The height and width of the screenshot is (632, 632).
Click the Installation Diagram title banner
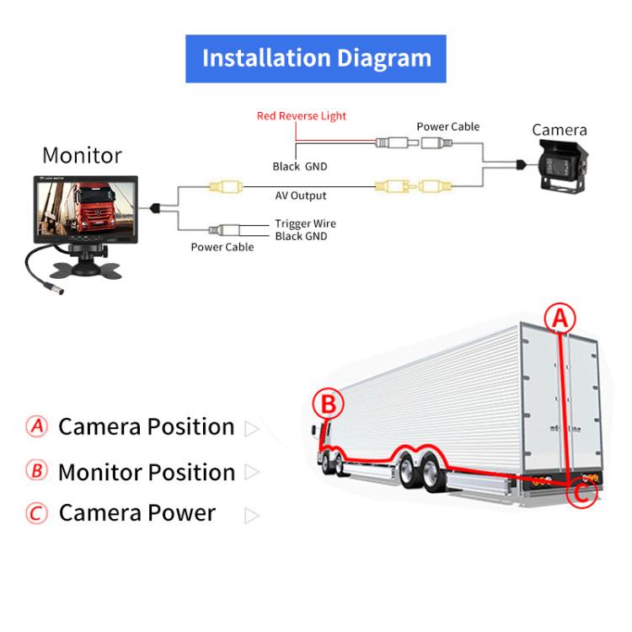316,58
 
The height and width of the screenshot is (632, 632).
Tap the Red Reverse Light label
301,116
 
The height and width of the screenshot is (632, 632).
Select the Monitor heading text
82,156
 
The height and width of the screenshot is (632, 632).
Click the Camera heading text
559,130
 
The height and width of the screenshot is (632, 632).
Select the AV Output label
301,196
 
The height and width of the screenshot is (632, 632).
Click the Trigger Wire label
305,223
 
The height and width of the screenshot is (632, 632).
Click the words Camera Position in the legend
146,426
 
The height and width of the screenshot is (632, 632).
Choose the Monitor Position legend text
146,472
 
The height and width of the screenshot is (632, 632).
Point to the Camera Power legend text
137,512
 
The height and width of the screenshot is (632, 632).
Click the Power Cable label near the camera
447,126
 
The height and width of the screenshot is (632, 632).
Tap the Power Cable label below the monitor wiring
222,248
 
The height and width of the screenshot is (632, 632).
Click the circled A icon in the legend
36,426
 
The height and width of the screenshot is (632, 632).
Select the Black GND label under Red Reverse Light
299,167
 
